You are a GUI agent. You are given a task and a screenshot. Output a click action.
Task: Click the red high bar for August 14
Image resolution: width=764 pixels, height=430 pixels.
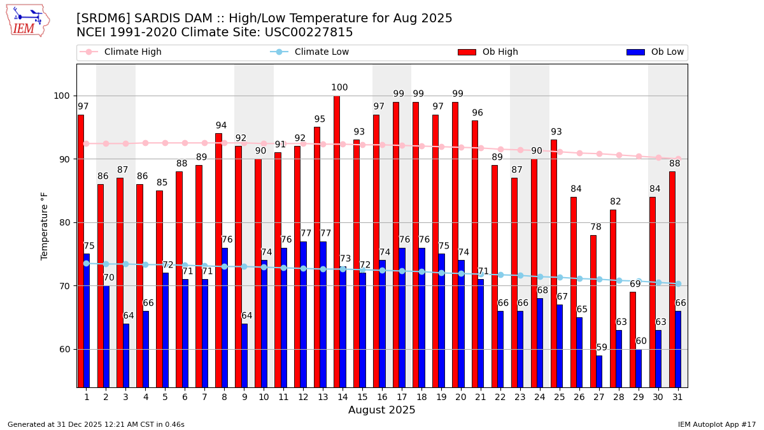(337, 242)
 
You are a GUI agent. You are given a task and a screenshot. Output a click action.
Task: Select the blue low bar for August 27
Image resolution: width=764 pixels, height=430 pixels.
(599, 371)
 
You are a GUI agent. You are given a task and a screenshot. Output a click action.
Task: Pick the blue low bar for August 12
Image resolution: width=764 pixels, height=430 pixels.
(303, 314)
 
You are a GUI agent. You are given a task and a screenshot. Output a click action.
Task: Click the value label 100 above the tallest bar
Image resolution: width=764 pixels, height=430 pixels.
(339, 88)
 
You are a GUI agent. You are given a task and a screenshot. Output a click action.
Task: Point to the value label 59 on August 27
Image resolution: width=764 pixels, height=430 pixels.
(602, 348)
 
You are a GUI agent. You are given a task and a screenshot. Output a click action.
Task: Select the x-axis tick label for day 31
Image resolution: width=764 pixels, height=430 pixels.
(677, 397)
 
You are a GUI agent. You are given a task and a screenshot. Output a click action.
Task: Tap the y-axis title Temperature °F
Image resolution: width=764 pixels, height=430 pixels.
(45, 226)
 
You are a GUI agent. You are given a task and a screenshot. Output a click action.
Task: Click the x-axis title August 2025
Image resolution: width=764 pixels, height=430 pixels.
(381, 410)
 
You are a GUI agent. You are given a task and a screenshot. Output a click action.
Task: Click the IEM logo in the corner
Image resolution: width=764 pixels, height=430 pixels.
(27, 20)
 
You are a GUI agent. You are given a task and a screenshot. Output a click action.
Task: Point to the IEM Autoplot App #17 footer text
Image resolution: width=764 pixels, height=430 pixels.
(717, 424)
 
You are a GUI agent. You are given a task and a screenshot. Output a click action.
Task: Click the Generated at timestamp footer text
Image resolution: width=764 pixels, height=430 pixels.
(96, 424)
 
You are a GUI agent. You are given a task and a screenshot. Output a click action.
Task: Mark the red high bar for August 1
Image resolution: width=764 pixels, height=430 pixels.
(80, 251)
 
